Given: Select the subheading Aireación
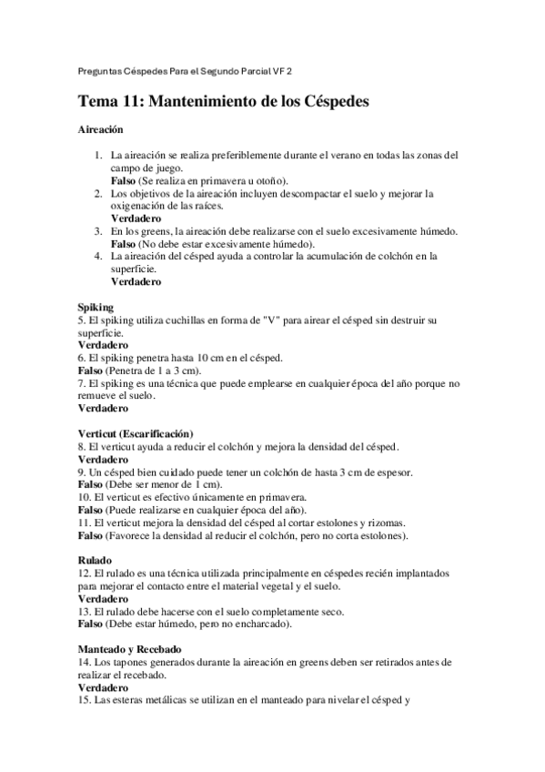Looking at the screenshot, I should click(99, 131).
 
